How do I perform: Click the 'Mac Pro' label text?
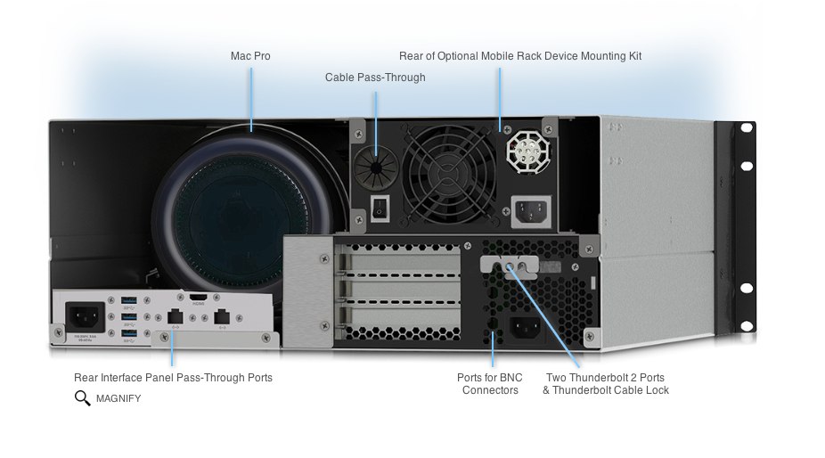[x=250, y=56]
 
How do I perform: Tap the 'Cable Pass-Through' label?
[x=375, y=78]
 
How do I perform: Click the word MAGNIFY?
[x=118, y=398]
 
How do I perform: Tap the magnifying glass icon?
[x=83, y=398]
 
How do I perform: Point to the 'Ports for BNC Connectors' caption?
[x=490, y=384]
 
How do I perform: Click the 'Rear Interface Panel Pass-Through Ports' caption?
[x=174, y=378]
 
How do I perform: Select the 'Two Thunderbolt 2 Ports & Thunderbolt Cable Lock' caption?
[x=606, y=384]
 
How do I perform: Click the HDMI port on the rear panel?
[x=197, y=298]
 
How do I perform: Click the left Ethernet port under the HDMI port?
[x=175, y=315]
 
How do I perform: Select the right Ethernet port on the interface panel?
[x=223, y=315]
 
